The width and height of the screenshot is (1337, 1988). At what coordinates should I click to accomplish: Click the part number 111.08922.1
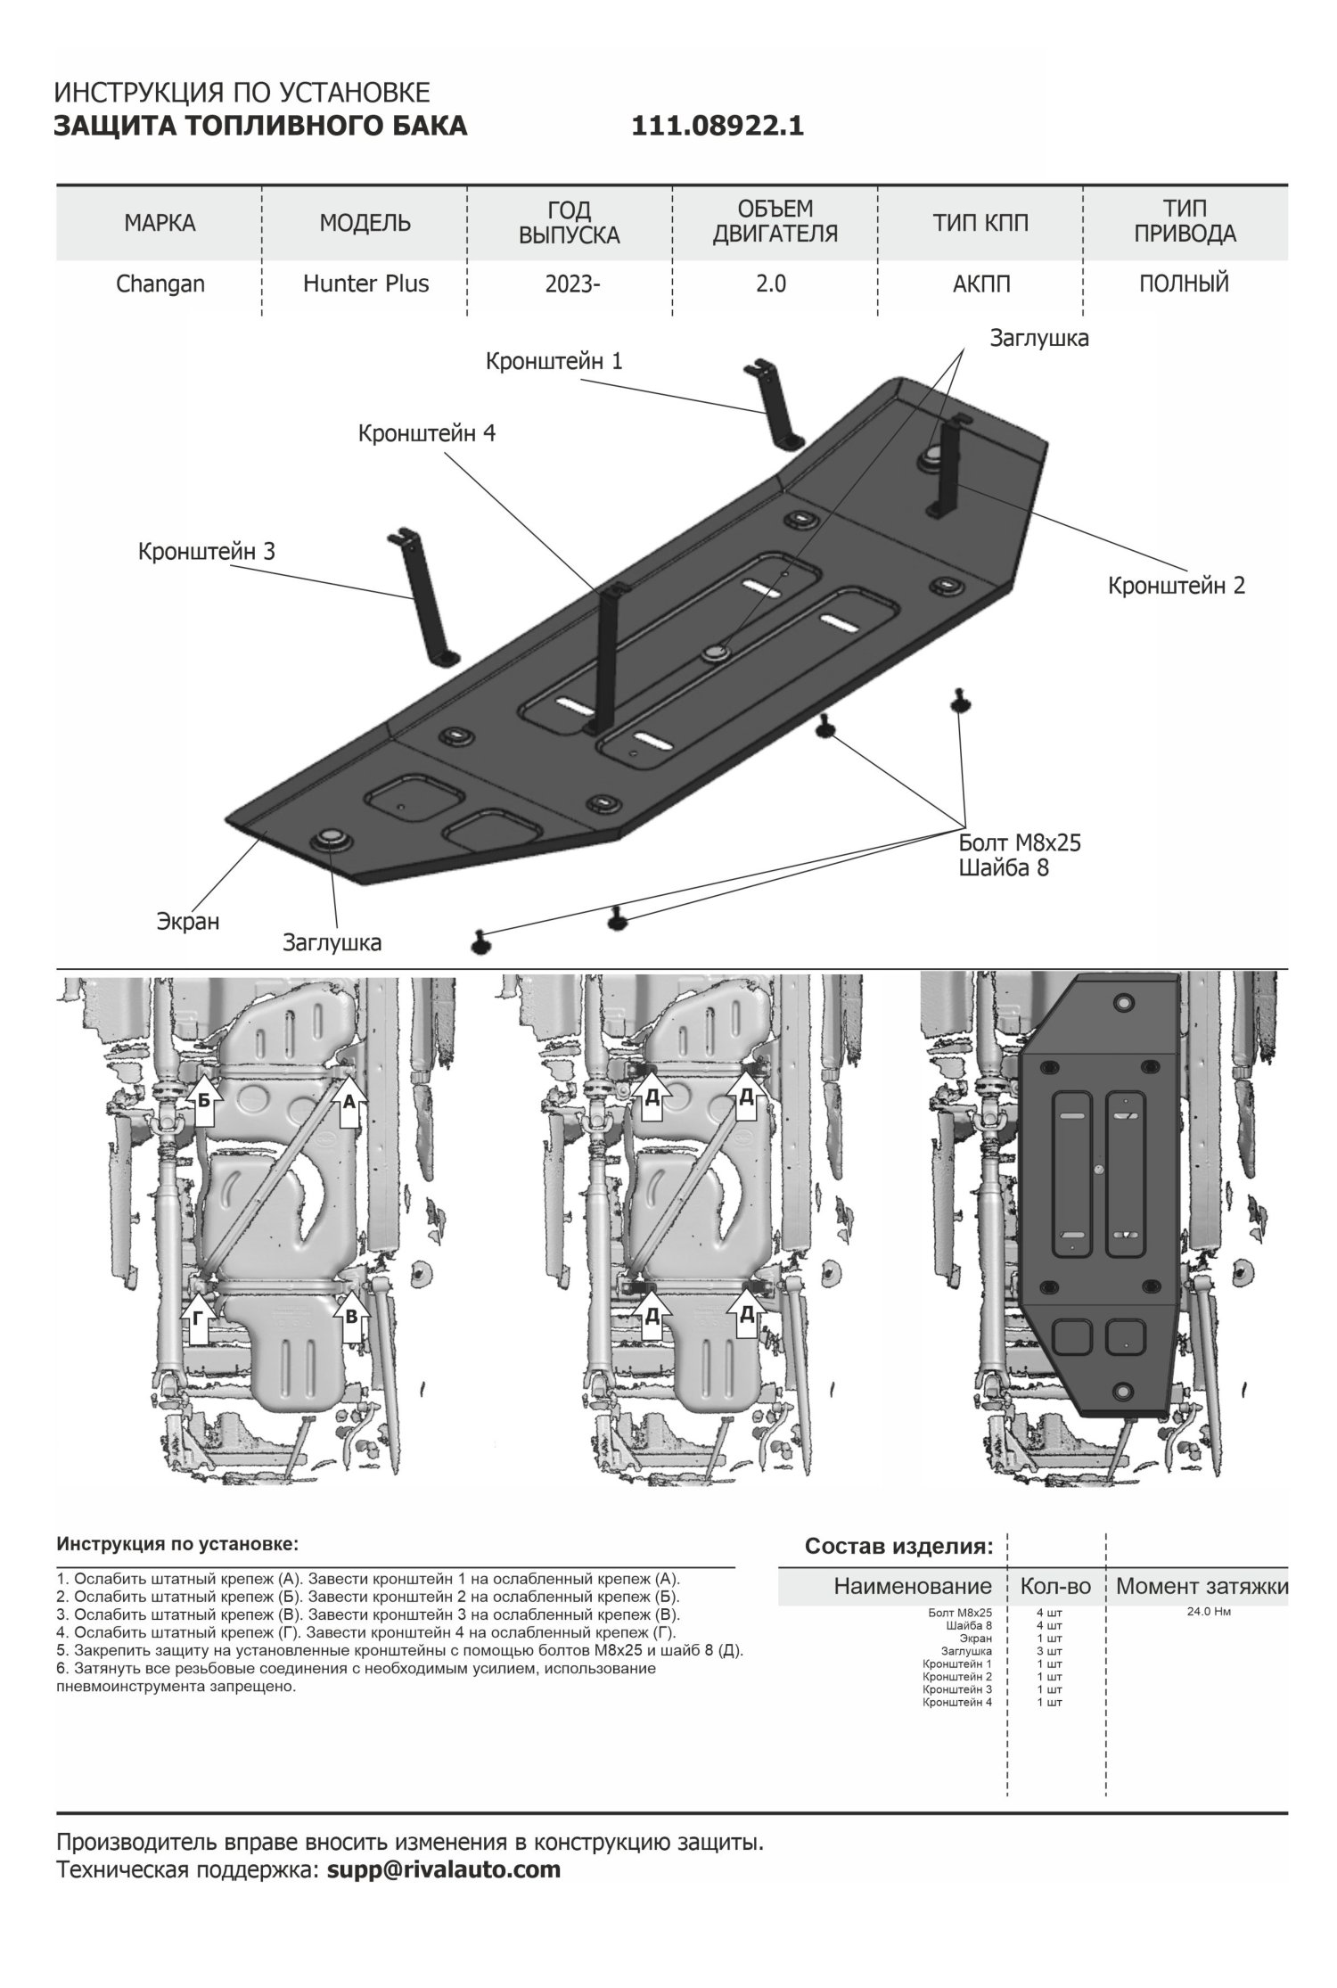[718, 127]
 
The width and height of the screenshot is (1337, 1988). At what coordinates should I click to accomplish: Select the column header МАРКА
[160, 222]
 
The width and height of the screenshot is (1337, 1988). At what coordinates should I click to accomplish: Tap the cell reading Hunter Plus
[365, 284]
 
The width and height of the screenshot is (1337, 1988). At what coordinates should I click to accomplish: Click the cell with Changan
[160, 284]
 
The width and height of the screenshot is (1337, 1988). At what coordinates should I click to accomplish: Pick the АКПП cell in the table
[980, 284]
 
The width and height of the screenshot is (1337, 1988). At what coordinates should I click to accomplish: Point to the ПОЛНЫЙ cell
[1184, 284]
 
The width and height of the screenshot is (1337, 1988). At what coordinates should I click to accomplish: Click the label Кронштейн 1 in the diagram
[554, 361]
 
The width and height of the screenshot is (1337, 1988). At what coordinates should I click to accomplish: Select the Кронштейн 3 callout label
[206, 551]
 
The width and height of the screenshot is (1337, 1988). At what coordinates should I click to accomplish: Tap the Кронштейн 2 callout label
[1177, 586]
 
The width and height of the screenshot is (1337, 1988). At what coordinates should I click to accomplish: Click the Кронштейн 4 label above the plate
[427, 433]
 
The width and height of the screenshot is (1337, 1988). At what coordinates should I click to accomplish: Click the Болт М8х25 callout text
[1020, 842]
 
